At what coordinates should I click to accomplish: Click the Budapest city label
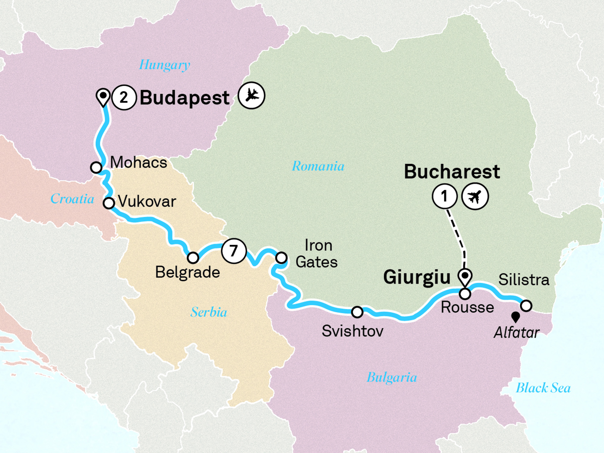point(185,98)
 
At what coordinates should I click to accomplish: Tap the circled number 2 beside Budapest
point(124,98)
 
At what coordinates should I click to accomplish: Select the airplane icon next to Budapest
point(251,95)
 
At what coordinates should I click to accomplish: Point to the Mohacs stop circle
point(96,167)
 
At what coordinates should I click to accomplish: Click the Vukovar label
point(147,201)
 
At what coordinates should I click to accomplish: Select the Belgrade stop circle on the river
point(193,258)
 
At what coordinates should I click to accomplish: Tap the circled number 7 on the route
point(233,251)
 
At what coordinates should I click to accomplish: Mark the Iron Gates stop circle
point(281,258)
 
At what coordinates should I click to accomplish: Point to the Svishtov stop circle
point(357,312)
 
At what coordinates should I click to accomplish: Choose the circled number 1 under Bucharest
point(445,197)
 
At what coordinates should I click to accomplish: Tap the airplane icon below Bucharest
point(475,197)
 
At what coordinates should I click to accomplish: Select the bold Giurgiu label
point(417,277)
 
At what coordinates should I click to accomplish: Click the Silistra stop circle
point(526,306)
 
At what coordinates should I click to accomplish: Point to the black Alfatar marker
point(516,317)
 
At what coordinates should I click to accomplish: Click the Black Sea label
point(543,388)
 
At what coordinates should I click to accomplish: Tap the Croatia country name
point(72,199)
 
